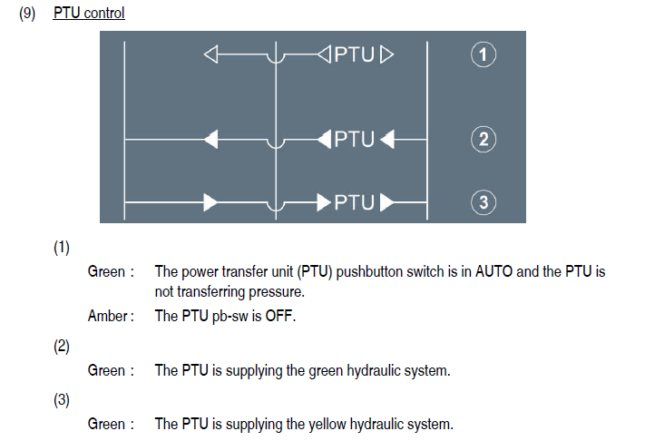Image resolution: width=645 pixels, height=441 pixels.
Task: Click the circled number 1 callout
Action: [484, 55]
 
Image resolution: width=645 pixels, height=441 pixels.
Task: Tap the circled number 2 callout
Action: [484, 140]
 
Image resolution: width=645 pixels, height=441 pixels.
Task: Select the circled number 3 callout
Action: [484, 202]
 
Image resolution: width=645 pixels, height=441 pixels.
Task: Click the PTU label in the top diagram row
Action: [355, 55]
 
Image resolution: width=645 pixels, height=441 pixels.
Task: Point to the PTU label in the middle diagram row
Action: [355, 140]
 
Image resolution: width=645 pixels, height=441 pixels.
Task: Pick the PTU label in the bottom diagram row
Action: [355, 202]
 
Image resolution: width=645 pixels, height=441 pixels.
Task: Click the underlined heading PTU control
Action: [89, 14]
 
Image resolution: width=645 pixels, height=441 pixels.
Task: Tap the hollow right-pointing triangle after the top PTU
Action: [387, 56]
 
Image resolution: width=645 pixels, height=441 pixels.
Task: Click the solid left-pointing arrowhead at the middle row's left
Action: [211, 140]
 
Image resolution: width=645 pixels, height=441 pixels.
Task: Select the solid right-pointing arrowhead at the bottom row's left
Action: [211, 202]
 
